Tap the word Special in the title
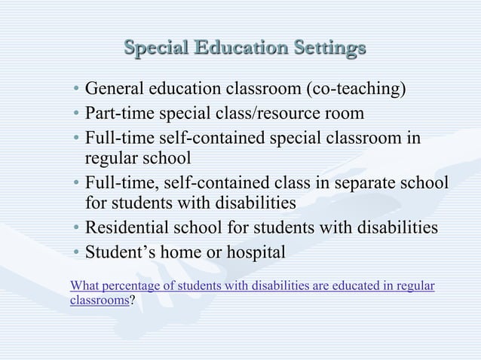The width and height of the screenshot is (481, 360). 155,47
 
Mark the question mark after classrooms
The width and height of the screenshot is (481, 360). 133,299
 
